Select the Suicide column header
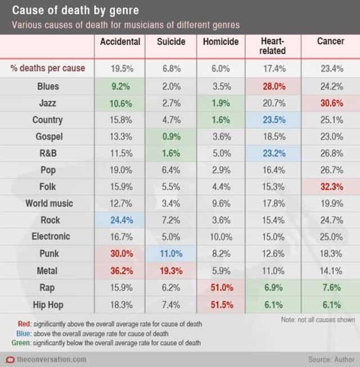tap(170, 42)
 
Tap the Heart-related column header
tap(273, 46)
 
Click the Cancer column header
tap(330, 42)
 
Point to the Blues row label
tap(47, 87)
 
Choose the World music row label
tap(47, 203)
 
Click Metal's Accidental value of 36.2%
tap(119, 270)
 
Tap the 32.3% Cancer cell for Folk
tap(330, 187)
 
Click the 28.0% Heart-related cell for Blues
tap(273, 87)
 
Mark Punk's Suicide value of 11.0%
tap(170, 254)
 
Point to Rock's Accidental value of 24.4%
tap(119, 220)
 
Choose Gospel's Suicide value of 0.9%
tap(170, 137)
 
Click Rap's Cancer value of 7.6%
tap(330, 287)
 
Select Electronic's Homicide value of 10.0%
tap(222, 237)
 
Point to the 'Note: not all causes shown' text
tap(317, 320)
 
